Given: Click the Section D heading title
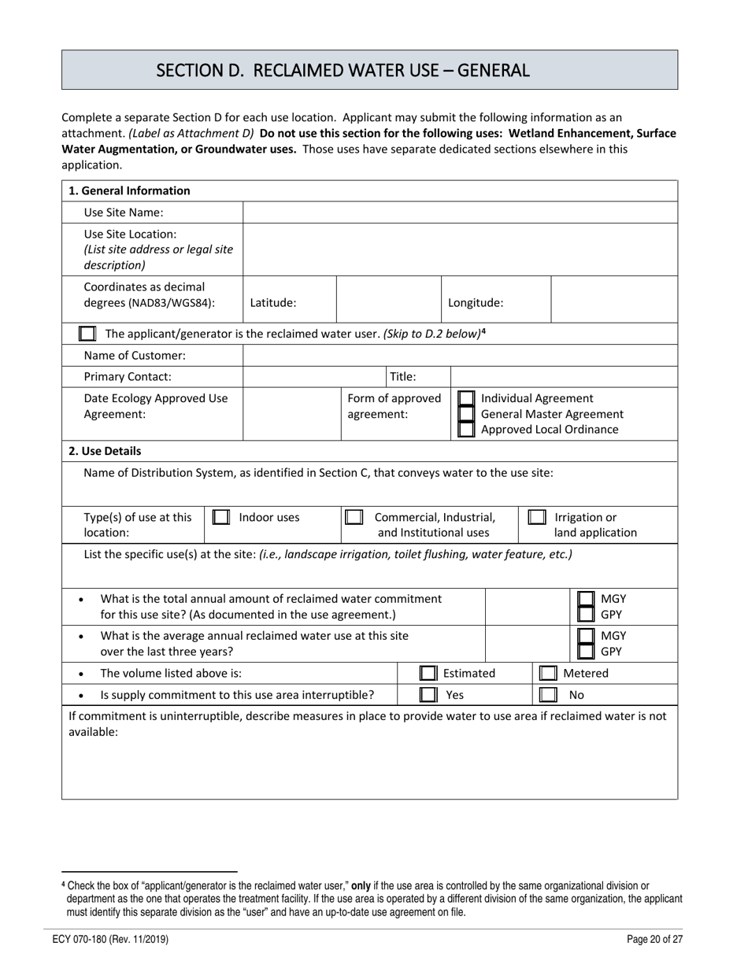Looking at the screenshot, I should tap(343, 70).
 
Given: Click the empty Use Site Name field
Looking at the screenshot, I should tap(460, 212).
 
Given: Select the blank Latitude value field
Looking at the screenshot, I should tap(388, 301).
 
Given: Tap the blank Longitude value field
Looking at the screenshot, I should tap(614, 301).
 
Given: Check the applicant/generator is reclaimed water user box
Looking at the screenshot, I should tap(87, 334).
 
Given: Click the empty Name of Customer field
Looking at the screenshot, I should tap(460, 355).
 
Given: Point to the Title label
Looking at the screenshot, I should tap(403, 376).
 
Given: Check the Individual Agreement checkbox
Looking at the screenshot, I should tap(466, 399).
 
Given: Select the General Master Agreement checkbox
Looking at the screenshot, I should tap(466, 414).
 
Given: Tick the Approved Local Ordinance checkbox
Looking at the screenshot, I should tap(466, 430).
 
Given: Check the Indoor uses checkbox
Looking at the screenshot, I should tap(221, 518).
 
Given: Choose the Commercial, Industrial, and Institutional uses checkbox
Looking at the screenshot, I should tap(354, 518).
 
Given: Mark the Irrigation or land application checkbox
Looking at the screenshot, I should tap(537, 518).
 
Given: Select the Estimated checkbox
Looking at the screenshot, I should tap(428, 674).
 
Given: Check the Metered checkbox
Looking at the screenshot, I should tap(547, 674).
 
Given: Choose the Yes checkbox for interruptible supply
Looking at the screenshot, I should tap(428, 695).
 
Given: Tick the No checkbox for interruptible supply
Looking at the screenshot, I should tap(547, 695).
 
